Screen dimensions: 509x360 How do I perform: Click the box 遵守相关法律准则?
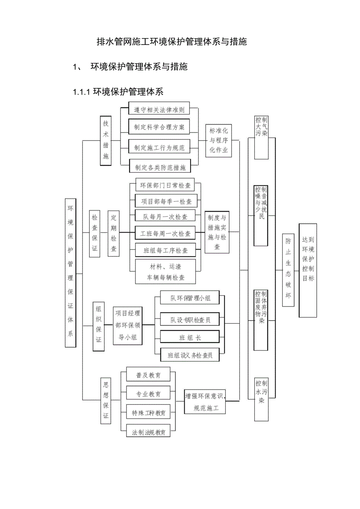tap(159, 110)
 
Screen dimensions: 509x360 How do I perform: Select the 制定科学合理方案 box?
tap(159, 127)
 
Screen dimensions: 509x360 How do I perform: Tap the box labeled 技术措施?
tap(106, 140)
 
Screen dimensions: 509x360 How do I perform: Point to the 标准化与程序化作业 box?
tap(219, 140)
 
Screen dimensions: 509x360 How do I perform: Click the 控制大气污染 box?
tap(261, 138)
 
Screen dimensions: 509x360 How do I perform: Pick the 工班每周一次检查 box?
tap(166, 234)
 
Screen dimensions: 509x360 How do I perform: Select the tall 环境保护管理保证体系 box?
tap(70, 272)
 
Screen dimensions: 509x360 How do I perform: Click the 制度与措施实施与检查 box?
tap(217, 232)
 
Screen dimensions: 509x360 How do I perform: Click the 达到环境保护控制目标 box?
tap(308, 270)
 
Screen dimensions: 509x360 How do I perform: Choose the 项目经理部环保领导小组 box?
tap(128, 325)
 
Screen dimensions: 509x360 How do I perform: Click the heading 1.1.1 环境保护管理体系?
tap(118, 92)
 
